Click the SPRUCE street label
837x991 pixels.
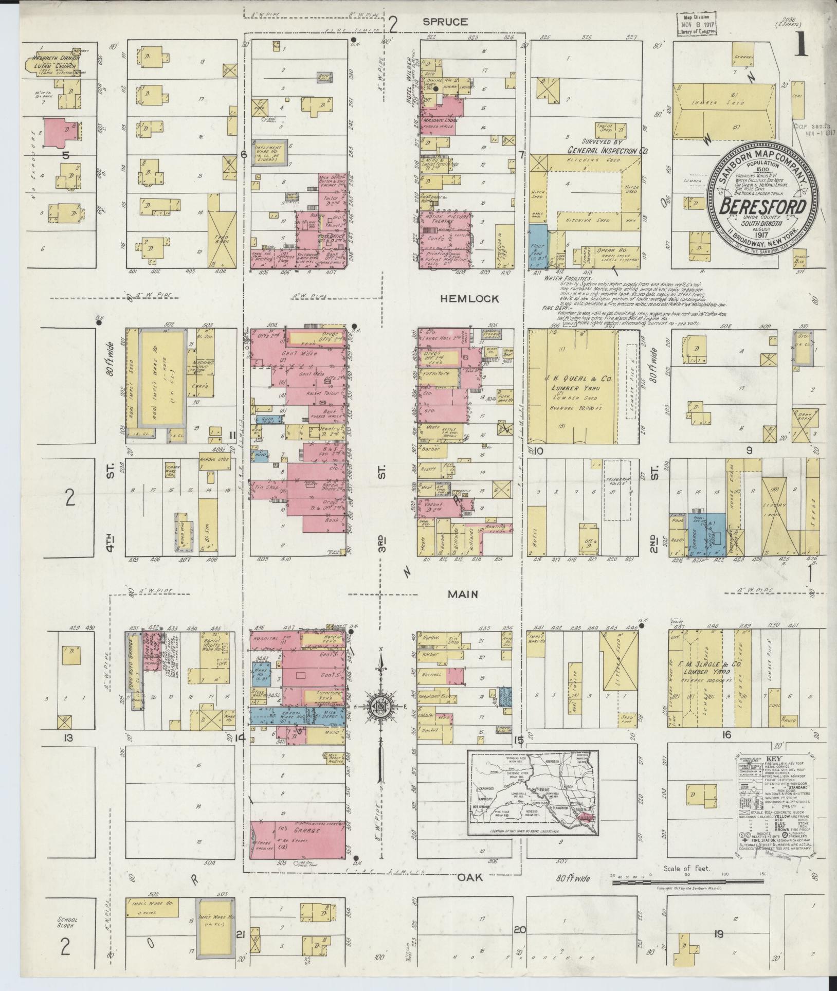(x=445, y=22)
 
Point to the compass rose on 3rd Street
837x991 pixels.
(x=381, y=707)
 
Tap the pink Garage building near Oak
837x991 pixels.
(x=298, y=845)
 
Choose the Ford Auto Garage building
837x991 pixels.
(x=134, y=671)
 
